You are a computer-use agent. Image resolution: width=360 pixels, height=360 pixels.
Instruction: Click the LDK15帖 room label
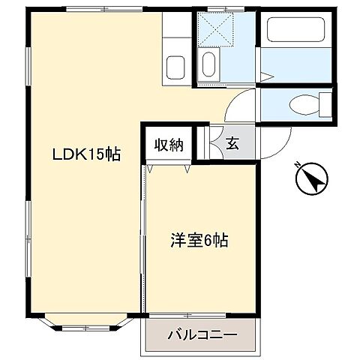(x=86, y=154)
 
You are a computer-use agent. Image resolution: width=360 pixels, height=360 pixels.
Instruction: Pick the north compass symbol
(x=311, y=180)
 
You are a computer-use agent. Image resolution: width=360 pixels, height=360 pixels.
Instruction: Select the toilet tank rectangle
(x=325, y=103)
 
